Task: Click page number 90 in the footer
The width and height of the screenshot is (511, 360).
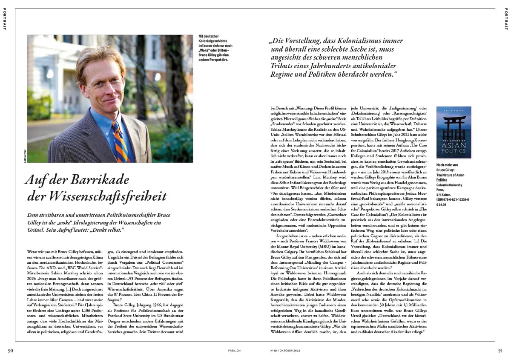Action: point(11,351)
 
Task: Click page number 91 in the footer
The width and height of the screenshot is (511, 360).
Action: point(500,351)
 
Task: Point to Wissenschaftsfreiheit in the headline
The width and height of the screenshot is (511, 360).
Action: point(97,196)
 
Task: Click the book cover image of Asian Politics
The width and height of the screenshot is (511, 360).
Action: point(454,132)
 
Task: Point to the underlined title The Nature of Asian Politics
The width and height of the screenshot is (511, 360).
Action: point(450,177)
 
